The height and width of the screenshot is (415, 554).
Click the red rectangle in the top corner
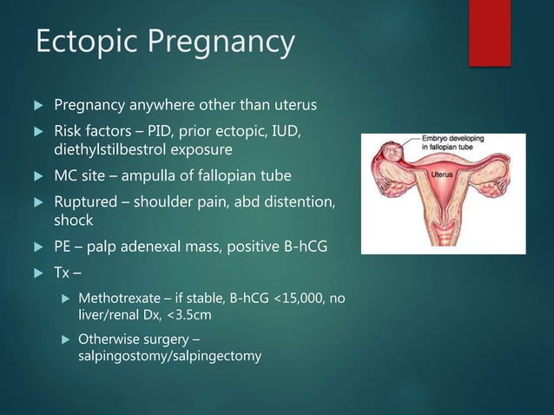[x=490, y=32]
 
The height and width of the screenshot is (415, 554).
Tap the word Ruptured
[x=84, y=202]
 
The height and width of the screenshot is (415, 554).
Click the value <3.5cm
[x=189, y=316]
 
